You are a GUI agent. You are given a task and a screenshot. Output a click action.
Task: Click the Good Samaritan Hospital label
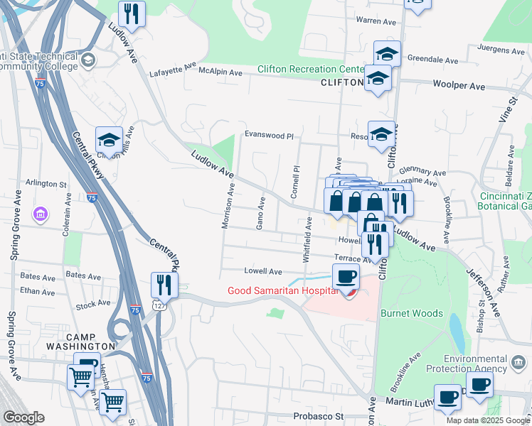tap(281, 291)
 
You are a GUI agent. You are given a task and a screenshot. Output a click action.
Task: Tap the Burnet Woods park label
tap(412, 313)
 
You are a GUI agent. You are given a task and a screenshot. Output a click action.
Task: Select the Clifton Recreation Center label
tap(311, 70)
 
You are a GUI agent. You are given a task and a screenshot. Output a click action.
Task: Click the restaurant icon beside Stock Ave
tap(164, 285)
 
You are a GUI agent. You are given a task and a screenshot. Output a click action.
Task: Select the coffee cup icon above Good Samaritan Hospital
tap(346, 276)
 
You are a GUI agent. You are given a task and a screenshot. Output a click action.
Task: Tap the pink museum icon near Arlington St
tap(41, 214)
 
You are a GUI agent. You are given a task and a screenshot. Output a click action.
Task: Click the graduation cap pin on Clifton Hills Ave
tap(109, 138)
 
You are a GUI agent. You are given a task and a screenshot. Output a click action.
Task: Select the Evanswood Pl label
tap(269, 135)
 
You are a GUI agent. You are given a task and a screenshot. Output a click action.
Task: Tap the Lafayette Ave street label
tap(172, 72)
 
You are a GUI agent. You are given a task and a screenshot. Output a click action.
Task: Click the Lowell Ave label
tap(263, 271)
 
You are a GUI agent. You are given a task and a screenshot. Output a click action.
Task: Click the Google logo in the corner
tap(23, 417)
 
